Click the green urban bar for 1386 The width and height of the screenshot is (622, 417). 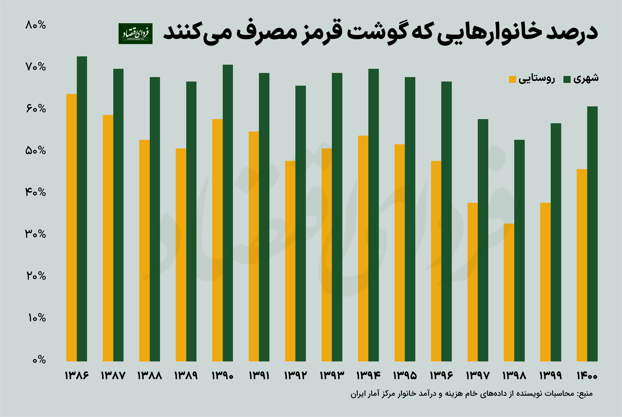82,209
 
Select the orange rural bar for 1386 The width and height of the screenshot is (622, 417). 72,227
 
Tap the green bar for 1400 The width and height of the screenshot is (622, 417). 592,234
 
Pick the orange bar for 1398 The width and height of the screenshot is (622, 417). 509,292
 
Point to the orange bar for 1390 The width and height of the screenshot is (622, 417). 217,240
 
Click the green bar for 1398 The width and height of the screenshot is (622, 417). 519,250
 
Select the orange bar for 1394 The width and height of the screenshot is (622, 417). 363,248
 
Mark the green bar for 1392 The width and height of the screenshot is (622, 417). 301,223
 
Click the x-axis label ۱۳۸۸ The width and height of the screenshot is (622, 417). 149,376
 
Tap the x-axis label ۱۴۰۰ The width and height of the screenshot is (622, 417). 587,376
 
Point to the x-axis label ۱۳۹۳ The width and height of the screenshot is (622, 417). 332,376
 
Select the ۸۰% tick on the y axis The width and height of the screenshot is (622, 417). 35,25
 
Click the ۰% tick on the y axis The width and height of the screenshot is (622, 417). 39,360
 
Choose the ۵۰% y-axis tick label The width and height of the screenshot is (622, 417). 35,151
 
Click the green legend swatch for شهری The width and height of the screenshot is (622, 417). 567,79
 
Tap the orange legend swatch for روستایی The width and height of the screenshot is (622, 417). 512,79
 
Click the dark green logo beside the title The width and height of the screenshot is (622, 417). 135,33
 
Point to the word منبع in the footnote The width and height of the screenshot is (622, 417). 585,394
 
